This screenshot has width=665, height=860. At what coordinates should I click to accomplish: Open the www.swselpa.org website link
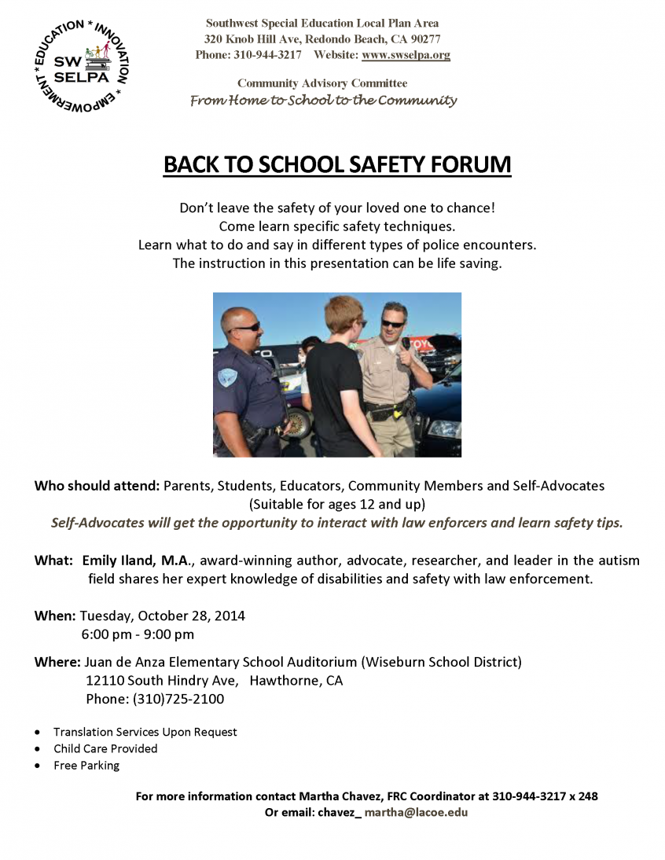point(406,55)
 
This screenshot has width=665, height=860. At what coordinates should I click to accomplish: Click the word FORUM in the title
point(466,165)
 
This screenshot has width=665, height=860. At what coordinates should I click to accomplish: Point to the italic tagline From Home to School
point(323,101)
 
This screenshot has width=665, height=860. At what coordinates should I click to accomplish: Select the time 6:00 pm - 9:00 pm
point(138,634)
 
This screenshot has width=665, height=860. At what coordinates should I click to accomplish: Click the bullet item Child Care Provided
point(105,748)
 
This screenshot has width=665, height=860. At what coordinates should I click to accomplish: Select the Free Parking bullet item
point(86,765)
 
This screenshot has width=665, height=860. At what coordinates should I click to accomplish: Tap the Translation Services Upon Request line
point(145,732)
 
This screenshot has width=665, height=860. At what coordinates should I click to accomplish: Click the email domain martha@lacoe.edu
point(416,812)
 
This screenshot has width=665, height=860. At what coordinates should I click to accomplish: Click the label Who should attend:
point(97,486)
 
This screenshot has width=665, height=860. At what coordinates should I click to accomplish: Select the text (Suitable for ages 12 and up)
point(336,504)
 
